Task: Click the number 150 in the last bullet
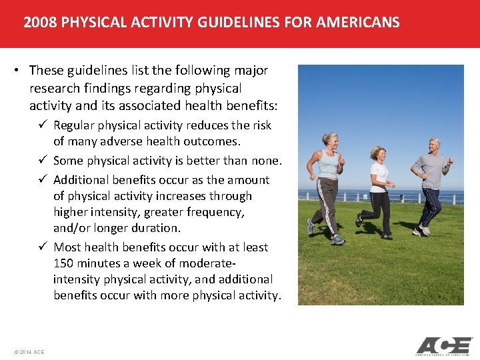64,263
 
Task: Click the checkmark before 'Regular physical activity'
43,125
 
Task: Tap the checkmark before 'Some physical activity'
43,161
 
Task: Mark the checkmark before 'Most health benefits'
43,247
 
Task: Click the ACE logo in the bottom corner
443,346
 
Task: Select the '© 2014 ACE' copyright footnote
28,351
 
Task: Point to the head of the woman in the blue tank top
330,139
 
